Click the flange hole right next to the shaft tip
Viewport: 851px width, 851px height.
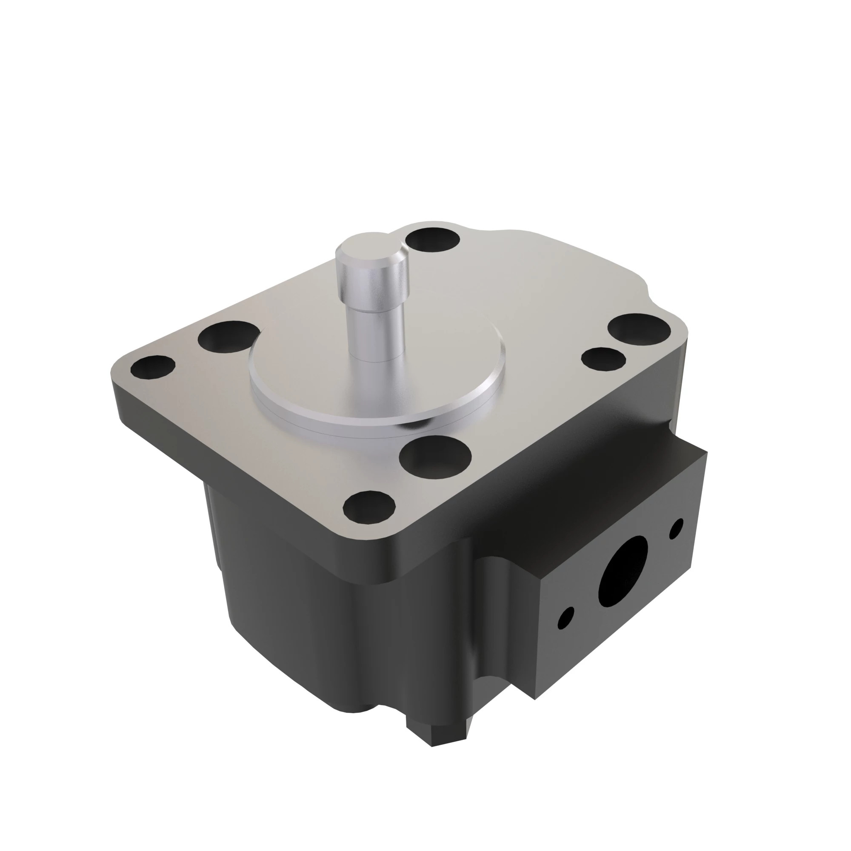433,240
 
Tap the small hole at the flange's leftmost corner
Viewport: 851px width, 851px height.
153,367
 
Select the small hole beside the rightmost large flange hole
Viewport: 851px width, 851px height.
603,358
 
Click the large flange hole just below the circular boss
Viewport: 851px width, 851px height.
435,457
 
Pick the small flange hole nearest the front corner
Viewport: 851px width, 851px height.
369,508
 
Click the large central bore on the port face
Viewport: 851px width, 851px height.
623,571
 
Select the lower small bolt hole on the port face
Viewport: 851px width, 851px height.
565,617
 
